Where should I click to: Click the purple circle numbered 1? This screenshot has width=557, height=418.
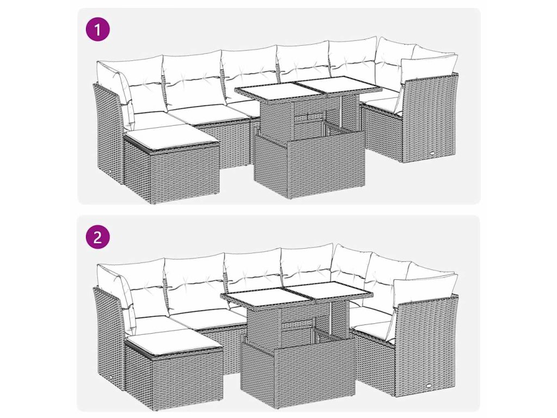(98, 29)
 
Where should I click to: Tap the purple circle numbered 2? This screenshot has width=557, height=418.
(98, 237)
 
